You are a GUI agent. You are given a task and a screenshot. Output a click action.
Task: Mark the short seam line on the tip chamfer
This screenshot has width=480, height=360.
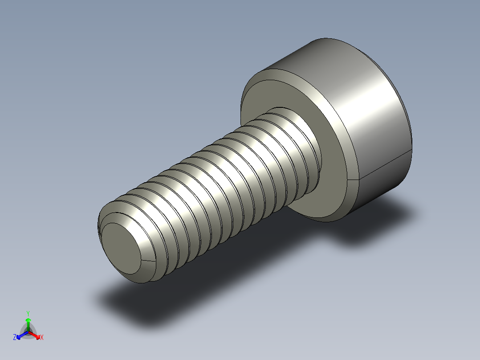[150, 259]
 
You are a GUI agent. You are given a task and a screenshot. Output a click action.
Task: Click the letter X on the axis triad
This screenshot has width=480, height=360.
[42, 338]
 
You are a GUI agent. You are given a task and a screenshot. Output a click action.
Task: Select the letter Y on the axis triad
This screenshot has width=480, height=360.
[28, 314]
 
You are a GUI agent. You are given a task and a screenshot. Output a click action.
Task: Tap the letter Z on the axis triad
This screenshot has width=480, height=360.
[15, 338]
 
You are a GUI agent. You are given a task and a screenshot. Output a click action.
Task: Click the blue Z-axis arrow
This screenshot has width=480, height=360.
[20, 335]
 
